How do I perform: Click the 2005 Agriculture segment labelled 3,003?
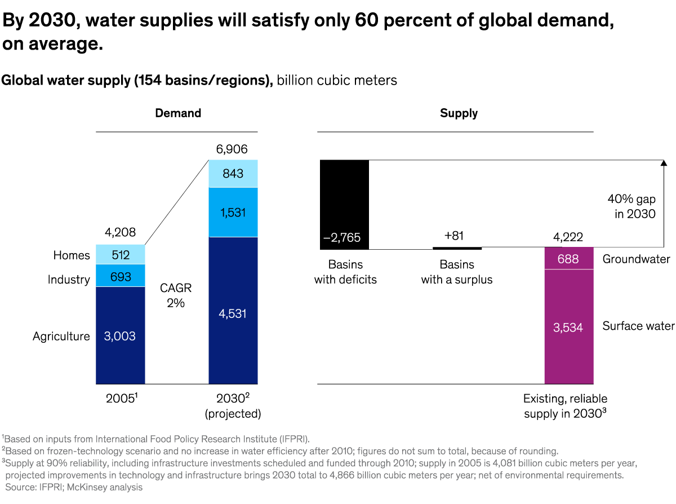(x=120, y=335)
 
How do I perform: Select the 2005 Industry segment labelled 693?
(x=120, y=276)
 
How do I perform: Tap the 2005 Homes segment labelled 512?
(x=120, y=255)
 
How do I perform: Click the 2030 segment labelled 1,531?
(x=233, y=213)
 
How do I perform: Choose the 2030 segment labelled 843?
(x=233, y=174)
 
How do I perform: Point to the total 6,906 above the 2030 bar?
(x=232, y=149)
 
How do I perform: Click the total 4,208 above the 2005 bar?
(x=119, y=233)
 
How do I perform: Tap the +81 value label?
(x=453, y=236)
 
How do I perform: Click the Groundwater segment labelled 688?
(x=569, y=259)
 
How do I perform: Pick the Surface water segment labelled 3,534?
(x=569, y=327)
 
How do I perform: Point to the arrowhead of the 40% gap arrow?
(x=663, y=163)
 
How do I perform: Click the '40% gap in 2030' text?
(x=631, y=206)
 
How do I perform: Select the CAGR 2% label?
(x=176, y=295)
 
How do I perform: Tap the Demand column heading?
(x=178, y=113)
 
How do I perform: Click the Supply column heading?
(x=459, y=113)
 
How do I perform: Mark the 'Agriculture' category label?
(x=61, y=337)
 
